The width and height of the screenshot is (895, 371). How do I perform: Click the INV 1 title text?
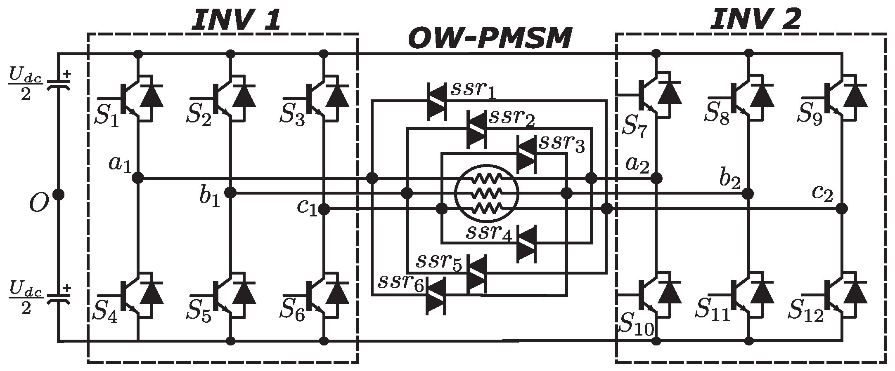click(236, 20)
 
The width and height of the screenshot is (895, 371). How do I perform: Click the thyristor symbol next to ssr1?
click(436, 102)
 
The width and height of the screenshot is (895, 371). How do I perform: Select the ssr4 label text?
click(489, 234)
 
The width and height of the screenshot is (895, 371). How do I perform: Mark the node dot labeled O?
click(58, 194)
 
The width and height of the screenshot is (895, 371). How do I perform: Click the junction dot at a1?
click(137, 178)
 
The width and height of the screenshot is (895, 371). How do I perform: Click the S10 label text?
click(636, 328)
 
